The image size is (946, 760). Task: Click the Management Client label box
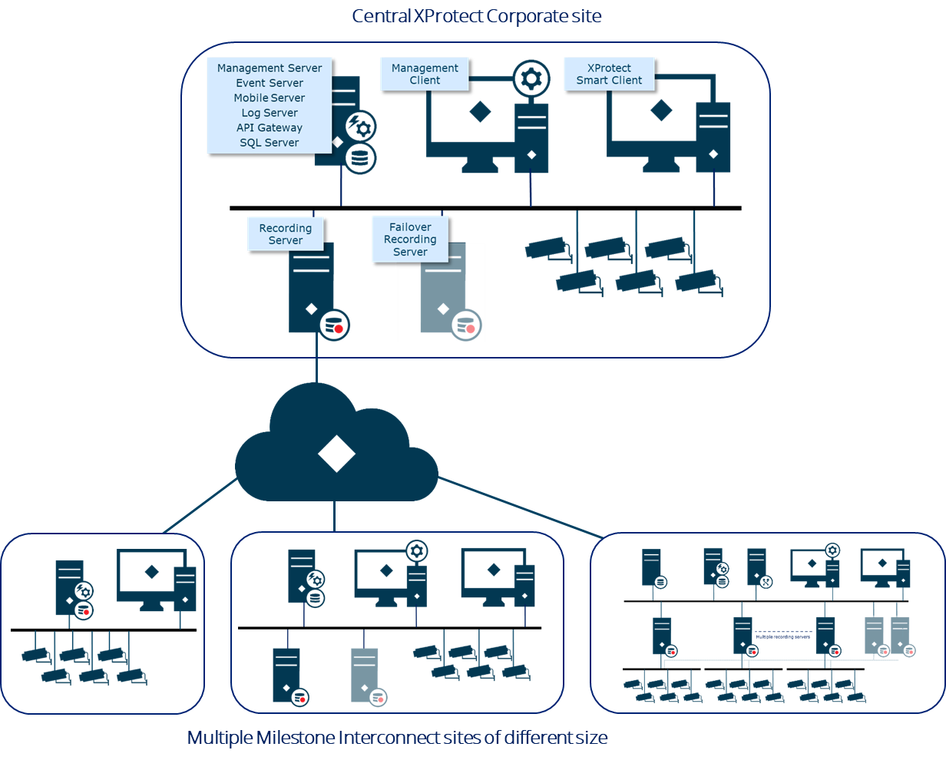[x=425, y=74]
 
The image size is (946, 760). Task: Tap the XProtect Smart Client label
[x=609, y=74]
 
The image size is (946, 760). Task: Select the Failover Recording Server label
[x=410, y=239]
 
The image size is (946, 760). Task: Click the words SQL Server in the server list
[x=270, y=143]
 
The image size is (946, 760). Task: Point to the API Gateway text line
[x=270, y=127]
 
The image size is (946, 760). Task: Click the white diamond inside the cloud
[x=336, y=454]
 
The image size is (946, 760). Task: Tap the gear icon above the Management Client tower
[x=531, y=78]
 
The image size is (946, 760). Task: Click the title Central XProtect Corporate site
[x=476, y=16]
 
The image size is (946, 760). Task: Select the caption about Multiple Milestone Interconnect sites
[x=398, y=738]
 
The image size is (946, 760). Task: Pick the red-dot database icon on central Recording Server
[x=335, y=325]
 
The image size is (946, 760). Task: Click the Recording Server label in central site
[x=286, y=233]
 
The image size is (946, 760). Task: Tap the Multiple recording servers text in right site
[x=782, y=636]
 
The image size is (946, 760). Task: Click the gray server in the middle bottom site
[x=365, y=673]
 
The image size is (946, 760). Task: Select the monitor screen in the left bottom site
[x=151, y=572]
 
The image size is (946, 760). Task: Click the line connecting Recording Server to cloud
[x=316, y=359]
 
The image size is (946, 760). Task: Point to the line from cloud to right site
[x=522, y=507]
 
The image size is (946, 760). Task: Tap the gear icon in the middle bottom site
[x=417, y=550]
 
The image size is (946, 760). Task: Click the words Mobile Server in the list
[x=270, y=97]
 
